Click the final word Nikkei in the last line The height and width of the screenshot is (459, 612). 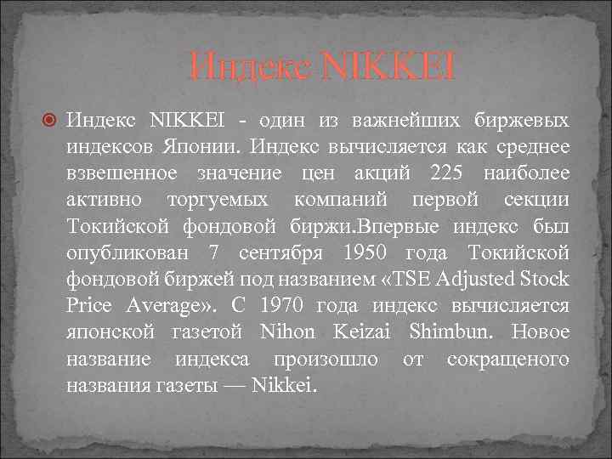point(289,386)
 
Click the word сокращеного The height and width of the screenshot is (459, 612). point(507,359)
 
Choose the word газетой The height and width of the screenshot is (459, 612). point(199,332)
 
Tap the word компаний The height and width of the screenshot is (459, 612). point(341,200)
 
